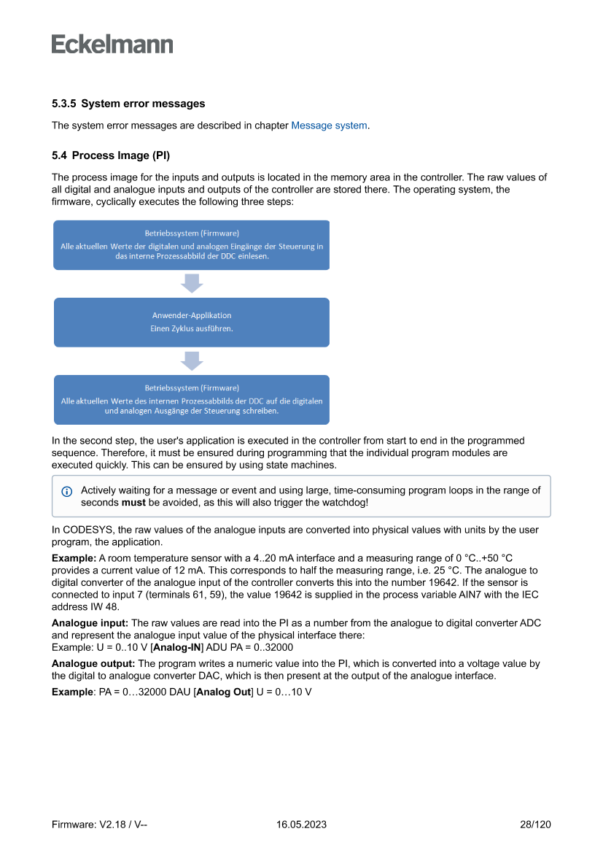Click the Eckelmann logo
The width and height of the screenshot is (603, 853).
click(x=112, y=44)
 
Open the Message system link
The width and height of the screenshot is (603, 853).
click(x=329, y=126)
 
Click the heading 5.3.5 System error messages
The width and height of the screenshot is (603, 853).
click(x=128, y=104)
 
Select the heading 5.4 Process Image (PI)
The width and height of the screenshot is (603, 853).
click(x=111, y=155)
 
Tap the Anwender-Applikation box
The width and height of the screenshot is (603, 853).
click(x=192, y=322)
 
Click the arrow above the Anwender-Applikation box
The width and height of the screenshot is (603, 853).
click(x=192, y=283)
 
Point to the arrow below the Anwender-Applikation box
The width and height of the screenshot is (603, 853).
click(x=192, y=360)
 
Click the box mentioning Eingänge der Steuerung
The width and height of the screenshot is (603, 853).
click(x=192, y=245)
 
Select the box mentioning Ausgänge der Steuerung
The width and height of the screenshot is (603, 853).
click(x=192, y=399)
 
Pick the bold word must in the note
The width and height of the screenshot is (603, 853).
click(x=133, y=503)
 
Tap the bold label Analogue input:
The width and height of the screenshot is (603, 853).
click(x=90, y=623)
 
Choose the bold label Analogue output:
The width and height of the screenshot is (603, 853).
click(x=93, y=663)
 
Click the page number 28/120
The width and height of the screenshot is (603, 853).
click(x=535, y=825)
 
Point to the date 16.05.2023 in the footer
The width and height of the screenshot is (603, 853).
click(x=301, y=825)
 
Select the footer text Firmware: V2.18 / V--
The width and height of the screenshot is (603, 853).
click(x=100, y=825)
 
